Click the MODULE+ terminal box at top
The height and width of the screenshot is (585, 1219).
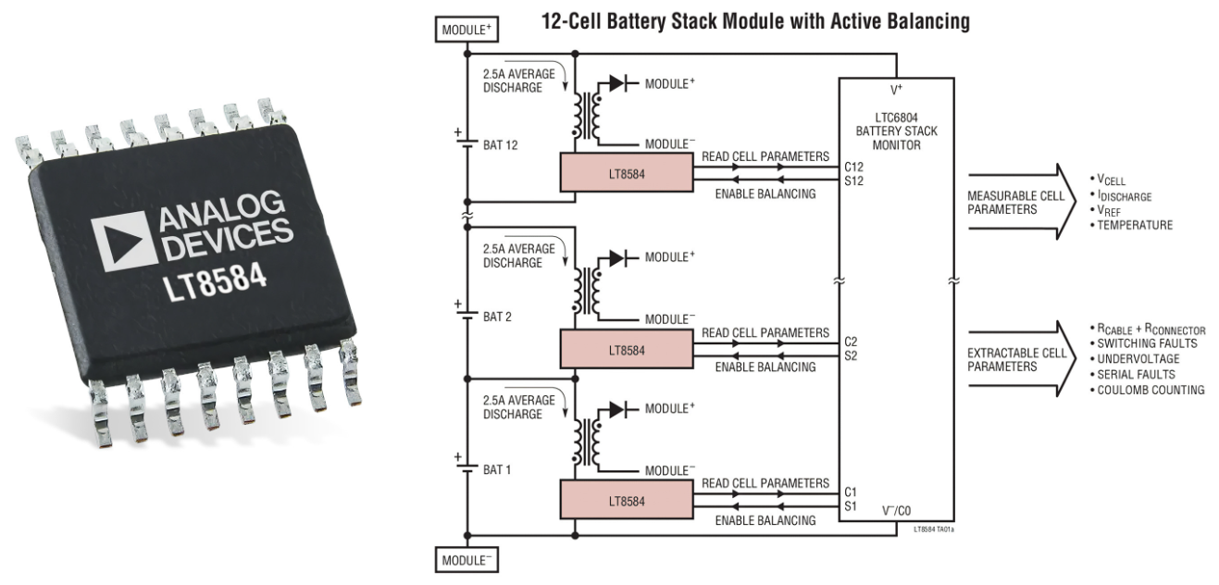(466, 30)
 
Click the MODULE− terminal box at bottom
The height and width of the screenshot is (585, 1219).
(466, 560)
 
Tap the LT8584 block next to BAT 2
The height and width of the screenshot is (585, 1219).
(627, 349)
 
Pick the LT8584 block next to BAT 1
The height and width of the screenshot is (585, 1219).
(627, 500)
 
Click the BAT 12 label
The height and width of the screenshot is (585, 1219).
(500, 145)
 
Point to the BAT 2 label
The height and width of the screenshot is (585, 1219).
(497, 317)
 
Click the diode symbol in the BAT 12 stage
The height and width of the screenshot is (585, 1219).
(617, 83)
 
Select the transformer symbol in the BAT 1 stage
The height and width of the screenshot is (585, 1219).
(586, 442)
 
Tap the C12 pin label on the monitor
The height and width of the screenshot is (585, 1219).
(853, 167)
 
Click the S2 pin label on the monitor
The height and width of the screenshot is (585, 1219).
(851, 355)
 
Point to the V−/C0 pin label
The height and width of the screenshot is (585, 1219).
(896, 510)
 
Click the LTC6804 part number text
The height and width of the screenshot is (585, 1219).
(896, 118)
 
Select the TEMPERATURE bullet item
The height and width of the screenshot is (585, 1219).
(1131, 225)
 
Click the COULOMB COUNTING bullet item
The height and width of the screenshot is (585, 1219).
(1147, 391)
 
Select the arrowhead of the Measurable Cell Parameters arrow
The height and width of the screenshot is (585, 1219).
(1065, 202)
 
